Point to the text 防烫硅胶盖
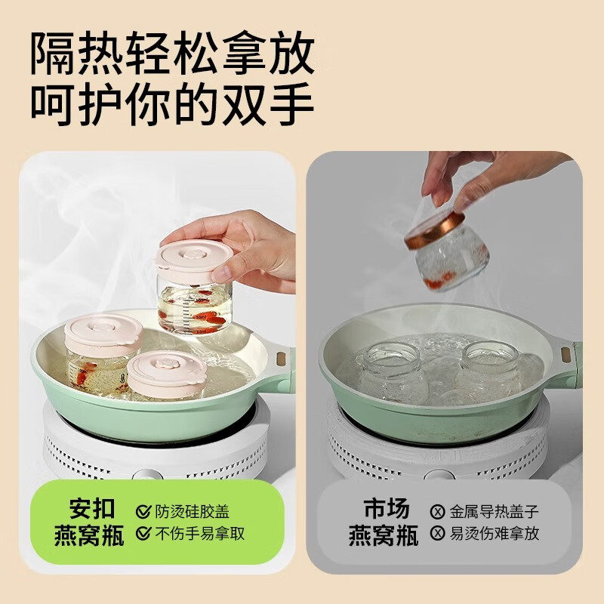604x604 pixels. [x=192, y=511]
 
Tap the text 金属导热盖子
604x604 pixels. [x=495, y=511]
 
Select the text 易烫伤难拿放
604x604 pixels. [x=495, y=534]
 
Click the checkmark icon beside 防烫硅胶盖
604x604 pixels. [x=143, y=511]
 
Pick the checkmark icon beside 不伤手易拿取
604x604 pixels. [x=143, y=534]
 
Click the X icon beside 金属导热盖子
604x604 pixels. [x=437, y=511]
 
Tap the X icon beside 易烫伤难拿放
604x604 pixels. [x=437, y=534]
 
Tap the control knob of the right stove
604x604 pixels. [x=438, y=476]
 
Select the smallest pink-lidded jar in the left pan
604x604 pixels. [x=166, y=374]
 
